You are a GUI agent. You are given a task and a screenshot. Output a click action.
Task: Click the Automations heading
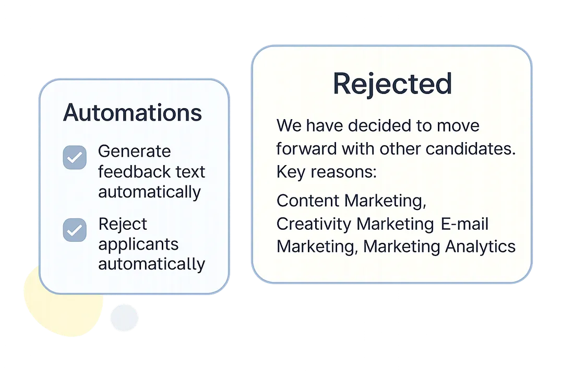(x=132, y=113)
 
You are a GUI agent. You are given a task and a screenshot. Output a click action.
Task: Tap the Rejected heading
(x=392, y=84)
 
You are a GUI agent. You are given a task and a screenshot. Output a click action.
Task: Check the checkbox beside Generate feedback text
(x=75, y=157)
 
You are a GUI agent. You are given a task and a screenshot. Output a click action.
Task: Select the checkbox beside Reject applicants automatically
(x=75, y=230)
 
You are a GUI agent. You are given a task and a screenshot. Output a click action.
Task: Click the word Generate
(x=134, y=151)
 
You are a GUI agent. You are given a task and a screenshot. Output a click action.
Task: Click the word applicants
(x=138, y=244)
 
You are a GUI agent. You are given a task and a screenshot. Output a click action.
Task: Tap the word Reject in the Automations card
(x=123, y=224)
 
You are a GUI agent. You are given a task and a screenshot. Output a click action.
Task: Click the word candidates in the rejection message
(x=471, y=149)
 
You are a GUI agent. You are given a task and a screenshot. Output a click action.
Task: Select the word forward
(x=306, y=149)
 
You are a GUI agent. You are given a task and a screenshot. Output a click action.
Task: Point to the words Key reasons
(x=326, y=172)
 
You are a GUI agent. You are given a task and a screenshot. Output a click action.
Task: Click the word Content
(x=308, y=201)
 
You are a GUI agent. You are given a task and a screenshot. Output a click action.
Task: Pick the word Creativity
(x=314, y=224)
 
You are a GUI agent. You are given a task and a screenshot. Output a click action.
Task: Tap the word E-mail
(x=464, y=224)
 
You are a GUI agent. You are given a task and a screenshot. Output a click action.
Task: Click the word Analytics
(x=480, y=246)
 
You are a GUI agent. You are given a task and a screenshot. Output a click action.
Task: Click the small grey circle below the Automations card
(x=123, y=318)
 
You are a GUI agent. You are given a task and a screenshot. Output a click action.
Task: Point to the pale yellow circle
(x=52, y=308)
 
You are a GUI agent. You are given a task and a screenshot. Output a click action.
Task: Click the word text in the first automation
(x=191, y=171)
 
